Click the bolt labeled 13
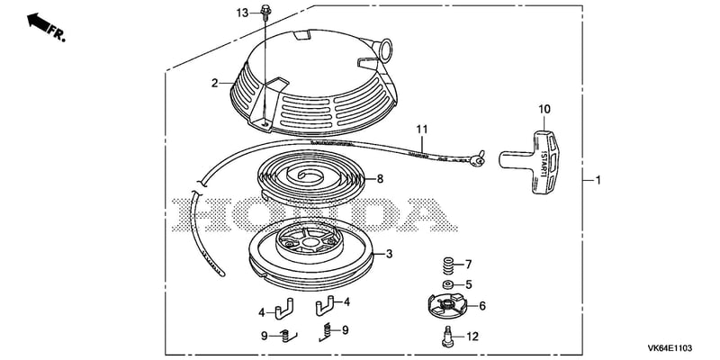tap(265, 12)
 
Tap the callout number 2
tap(214, 83)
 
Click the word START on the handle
tap(544, 164)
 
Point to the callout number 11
tap(422, 129)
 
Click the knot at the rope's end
tap(477, 159)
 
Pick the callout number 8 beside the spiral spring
tap(380, 179)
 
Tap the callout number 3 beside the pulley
tap(389, 254)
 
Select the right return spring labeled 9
tap(326, 331)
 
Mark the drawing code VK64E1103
tap(670, 348)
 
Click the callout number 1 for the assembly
tap(598, 181)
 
